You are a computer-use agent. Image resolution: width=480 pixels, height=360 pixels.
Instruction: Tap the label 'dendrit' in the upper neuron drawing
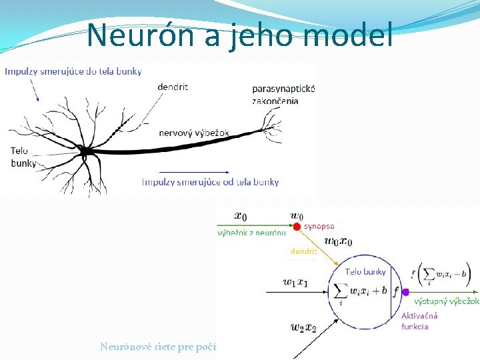coord(173,87)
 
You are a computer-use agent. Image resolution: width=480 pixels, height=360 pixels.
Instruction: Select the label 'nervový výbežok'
coord(194,133)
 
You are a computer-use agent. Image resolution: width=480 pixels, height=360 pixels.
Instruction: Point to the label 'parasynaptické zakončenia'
coord(283,94)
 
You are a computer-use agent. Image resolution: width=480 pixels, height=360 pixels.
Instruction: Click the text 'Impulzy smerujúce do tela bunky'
coord(73,71)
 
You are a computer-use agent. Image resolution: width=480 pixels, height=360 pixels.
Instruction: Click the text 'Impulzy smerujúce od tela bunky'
coord(211,181)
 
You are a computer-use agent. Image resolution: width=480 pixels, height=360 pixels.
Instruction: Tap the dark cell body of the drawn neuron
coord(85,153)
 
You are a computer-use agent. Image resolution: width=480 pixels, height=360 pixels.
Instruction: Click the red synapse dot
coord(297,226)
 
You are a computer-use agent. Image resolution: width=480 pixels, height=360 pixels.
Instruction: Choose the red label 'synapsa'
coord(319,226)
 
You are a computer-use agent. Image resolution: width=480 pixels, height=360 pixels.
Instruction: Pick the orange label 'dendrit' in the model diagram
coord(303,252)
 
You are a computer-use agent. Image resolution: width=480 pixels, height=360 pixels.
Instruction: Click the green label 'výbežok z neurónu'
coord(252,233)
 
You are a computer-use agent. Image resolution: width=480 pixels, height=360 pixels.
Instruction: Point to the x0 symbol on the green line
coord(241,215)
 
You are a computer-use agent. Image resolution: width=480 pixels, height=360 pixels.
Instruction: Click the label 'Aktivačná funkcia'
coord(419,321)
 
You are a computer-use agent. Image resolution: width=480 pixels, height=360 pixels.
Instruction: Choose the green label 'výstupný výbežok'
coord(446,301)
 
